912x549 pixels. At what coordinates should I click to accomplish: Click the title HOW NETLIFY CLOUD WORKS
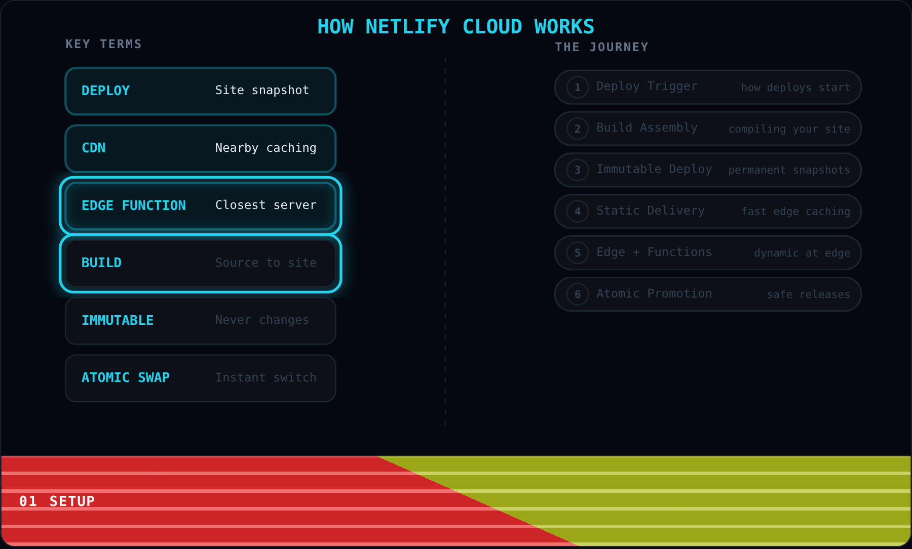pos(455,27)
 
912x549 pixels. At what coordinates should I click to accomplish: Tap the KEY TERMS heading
pos(103,44)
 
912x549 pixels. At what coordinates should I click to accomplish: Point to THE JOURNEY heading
pos(601,47)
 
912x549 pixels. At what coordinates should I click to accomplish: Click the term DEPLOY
pos(105,91)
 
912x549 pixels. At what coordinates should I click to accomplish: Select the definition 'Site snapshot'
pos(262,90)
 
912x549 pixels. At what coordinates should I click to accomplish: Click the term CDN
pos(94,148)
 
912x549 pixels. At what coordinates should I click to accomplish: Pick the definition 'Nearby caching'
pos(265,148)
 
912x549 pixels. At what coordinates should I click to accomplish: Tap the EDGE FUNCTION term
pos(134,205)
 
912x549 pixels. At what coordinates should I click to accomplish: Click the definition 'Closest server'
pos(265,205)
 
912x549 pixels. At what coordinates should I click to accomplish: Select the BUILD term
pos(101,263)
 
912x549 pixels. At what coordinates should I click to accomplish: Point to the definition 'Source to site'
pos(265,263)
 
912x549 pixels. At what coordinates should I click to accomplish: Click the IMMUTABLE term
pos(118,320)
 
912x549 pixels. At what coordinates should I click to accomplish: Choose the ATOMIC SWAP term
pos(126,377)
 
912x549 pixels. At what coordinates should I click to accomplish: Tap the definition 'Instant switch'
pos(265,377)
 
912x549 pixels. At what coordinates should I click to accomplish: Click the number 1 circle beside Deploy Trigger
pos(578,87)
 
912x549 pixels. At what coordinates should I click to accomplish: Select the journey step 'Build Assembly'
pos(647,128)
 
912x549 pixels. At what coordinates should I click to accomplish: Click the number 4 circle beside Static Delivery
pos(578,212)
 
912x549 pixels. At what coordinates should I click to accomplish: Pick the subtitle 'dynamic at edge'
pos(802,253)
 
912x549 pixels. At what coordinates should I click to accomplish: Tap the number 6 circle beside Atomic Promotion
pos(578,294)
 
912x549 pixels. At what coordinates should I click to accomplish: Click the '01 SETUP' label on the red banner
pos(57,501)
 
